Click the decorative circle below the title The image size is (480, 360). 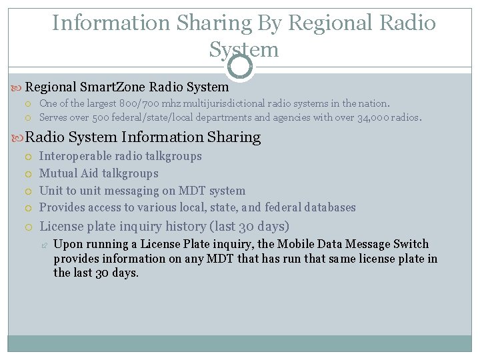pos(240,65)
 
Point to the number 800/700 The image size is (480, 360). pos(139,103)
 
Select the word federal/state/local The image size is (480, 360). pos(159,118)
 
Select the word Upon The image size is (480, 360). pos(67,244)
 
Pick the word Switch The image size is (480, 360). pos(412,244)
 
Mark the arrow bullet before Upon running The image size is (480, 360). pos(44,245)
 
